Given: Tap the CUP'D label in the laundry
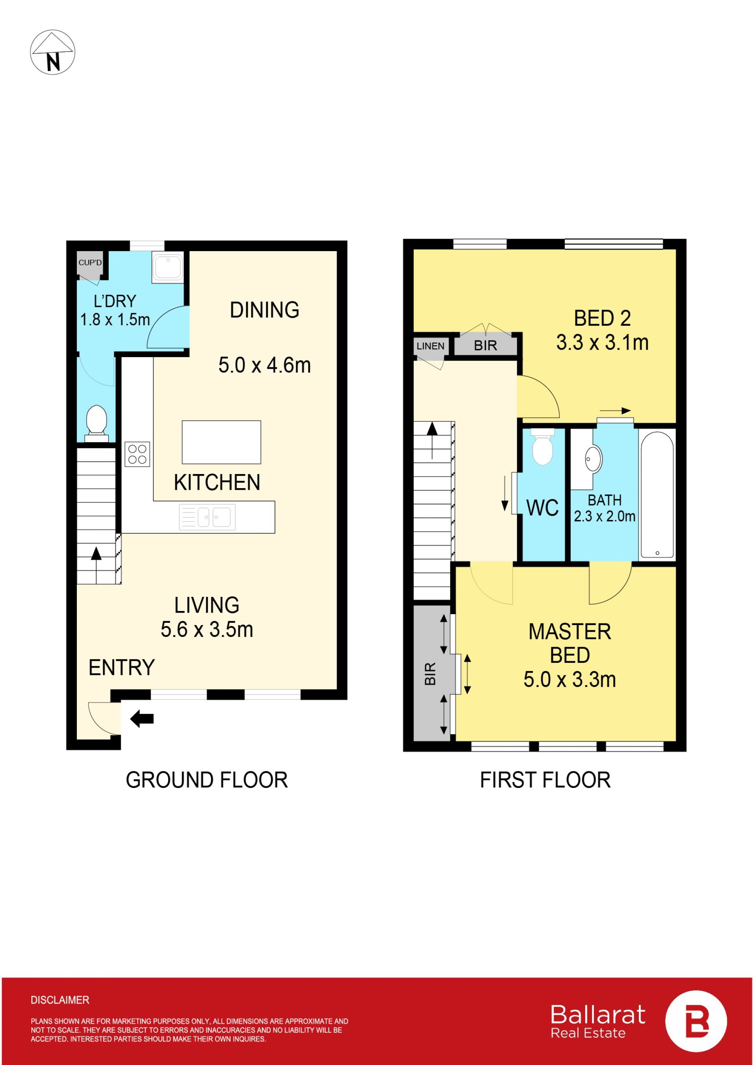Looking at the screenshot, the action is (x=90, y=263).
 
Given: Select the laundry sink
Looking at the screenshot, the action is (x=167, y=267).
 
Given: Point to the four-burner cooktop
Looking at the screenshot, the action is (x=137, y=454).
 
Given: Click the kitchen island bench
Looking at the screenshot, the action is (x=221, y=442).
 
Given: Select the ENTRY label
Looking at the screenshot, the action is (x=122, y=667).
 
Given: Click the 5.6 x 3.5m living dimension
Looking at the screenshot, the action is (x=207, y=629).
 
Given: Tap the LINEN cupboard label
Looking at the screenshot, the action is (x=430, y=346).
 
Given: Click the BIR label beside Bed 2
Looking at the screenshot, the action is (x=486, y=346).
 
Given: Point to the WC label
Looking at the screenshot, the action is (x=542, y=508).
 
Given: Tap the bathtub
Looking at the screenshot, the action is (x=657, y=495).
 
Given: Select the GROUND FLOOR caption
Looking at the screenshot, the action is (x=207, y=780).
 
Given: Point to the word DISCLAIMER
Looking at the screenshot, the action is (x=60, y=1000).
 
